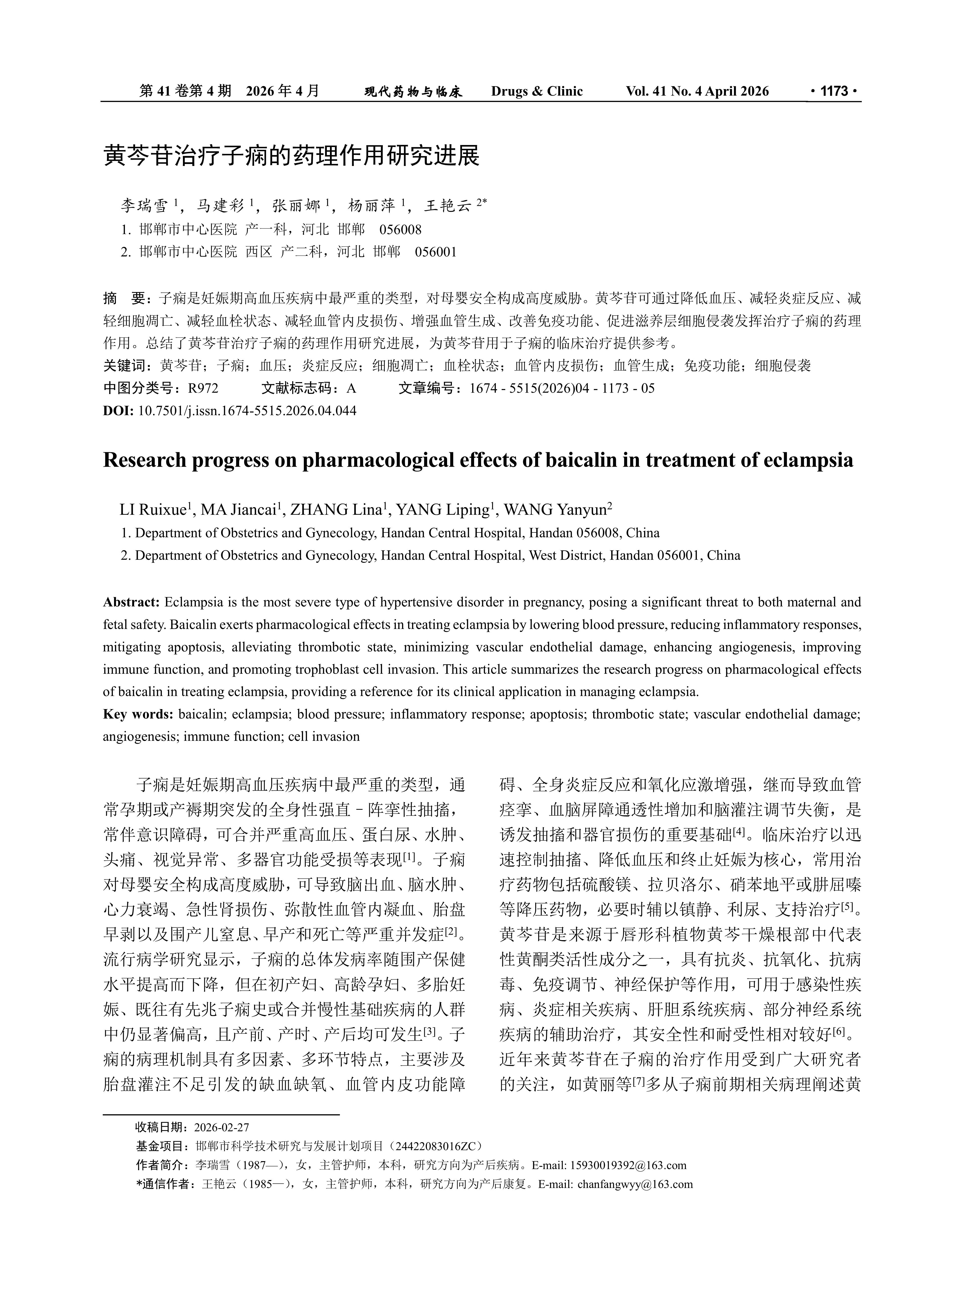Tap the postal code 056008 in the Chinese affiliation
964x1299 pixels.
(400, 229)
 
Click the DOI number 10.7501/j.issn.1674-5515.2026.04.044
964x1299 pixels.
(247, 411)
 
